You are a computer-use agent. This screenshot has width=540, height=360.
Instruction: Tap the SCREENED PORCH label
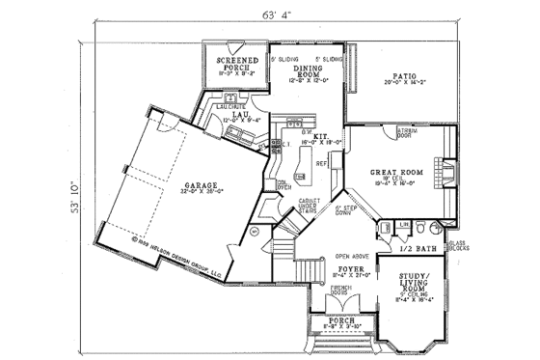pyautogui.click(x=233, y=64)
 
